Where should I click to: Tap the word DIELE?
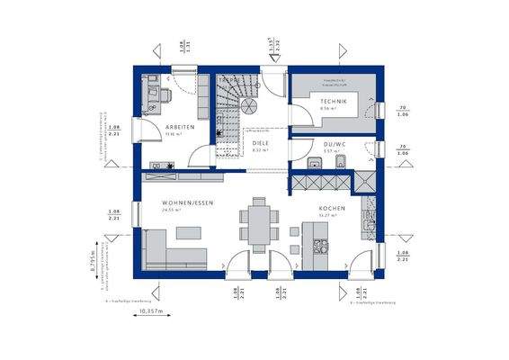coord(260,143)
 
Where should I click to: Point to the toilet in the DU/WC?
coord(347,163)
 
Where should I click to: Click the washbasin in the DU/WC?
coord(313,164)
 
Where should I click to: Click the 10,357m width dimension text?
coord(150,311)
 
